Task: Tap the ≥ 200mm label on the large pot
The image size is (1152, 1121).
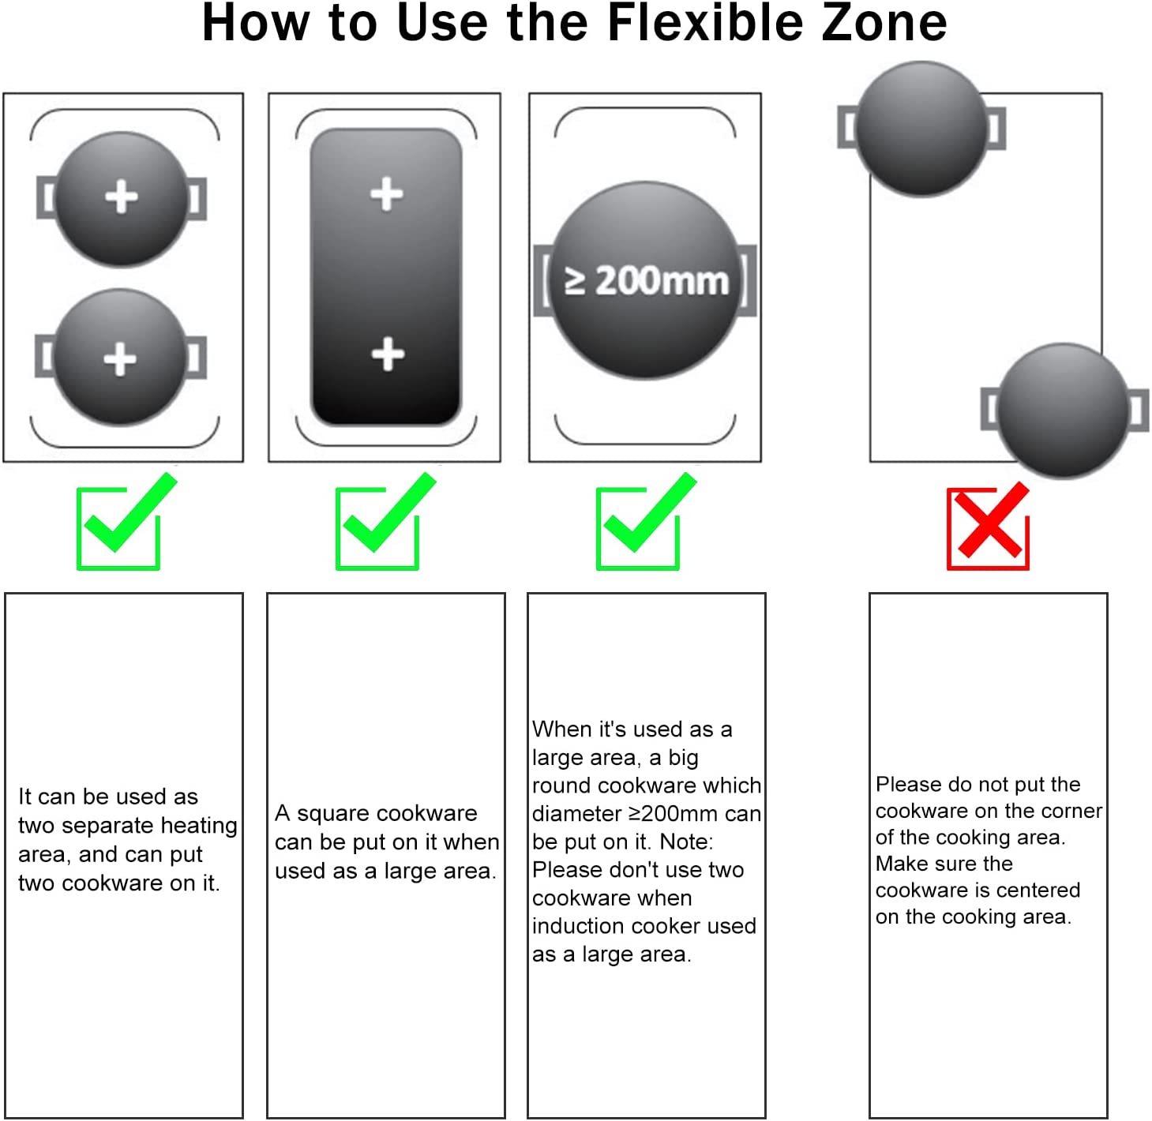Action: tap(646, 280)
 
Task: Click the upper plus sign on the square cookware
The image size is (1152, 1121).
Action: tap(387, 193)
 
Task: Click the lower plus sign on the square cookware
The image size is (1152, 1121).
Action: tap(388, 354)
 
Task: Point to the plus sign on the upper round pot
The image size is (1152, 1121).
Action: tap(122, 197)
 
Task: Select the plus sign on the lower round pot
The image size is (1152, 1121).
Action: tap(120, 358)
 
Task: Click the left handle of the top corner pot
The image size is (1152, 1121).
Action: tap(847, 126)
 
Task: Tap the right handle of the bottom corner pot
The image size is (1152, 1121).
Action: tap(1138, 410)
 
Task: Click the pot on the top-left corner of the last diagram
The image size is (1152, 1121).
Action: tap(921, 128)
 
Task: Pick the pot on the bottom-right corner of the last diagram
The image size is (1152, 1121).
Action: tap(1064, 411)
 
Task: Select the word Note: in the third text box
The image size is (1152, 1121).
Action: tap(687, 841)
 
